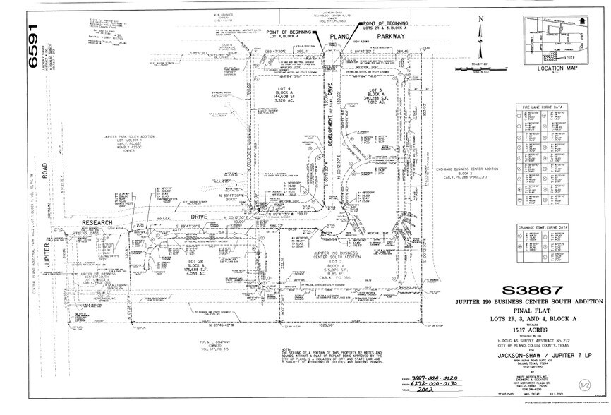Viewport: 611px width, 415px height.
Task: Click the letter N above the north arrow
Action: click(480, 20)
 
